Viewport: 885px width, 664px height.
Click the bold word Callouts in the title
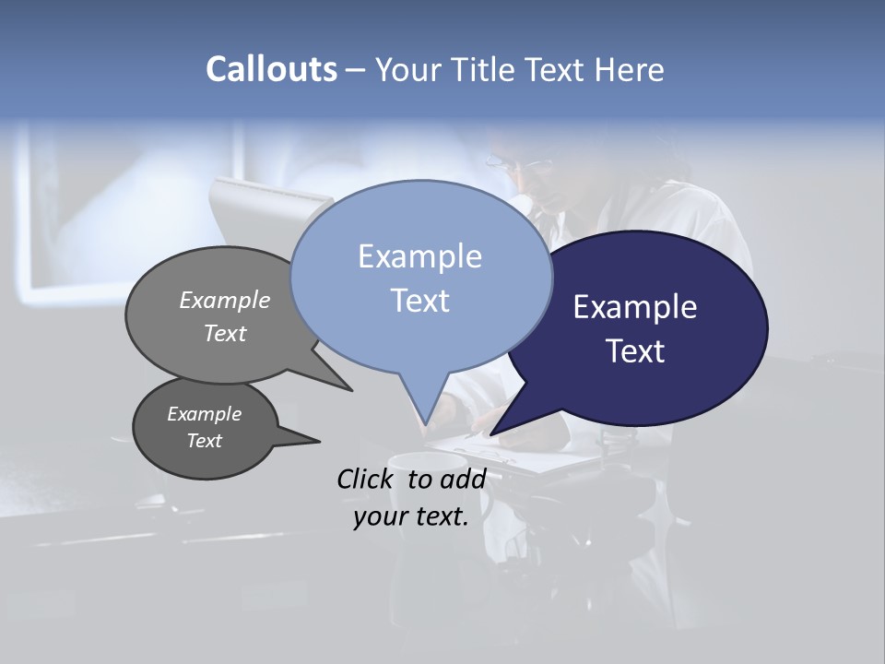(x=271, y=69)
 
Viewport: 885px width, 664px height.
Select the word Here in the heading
(x=630, y=69)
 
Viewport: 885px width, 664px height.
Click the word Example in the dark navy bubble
(x=635, y=306)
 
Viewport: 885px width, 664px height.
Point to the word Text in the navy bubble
(x=635, y=350)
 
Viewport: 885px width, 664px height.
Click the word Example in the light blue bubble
(x=419, y=255)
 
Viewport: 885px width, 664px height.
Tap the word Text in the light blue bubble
(x=419, y=300)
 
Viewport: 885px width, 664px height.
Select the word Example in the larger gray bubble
(x=225, y=300)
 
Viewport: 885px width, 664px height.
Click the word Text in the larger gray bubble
(x=225, y=333)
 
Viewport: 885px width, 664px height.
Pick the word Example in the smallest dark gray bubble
(x=204, y=414)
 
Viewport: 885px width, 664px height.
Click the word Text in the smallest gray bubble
(x=204, y=441)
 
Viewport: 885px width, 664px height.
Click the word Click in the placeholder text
(x=365, y=479)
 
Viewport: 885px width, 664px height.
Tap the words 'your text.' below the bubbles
(x=411, y=516)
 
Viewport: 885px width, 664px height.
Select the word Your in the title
(x=407, y=69)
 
